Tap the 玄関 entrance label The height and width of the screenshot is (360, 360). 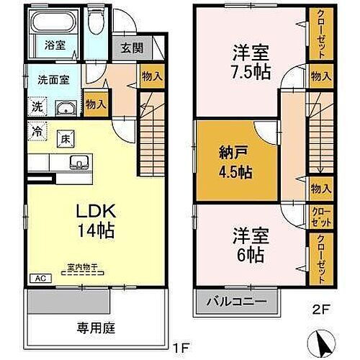coord(131,50)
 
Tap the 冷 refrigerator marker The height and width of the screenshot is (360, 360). coord(36,132)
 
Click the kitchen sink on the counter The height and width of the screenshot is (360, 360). coord(77,162)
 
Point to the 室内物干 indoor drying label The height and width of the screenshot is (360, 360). coord(82,266)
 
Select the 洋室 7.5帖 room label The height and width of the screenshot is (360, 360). coord(251,62)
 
